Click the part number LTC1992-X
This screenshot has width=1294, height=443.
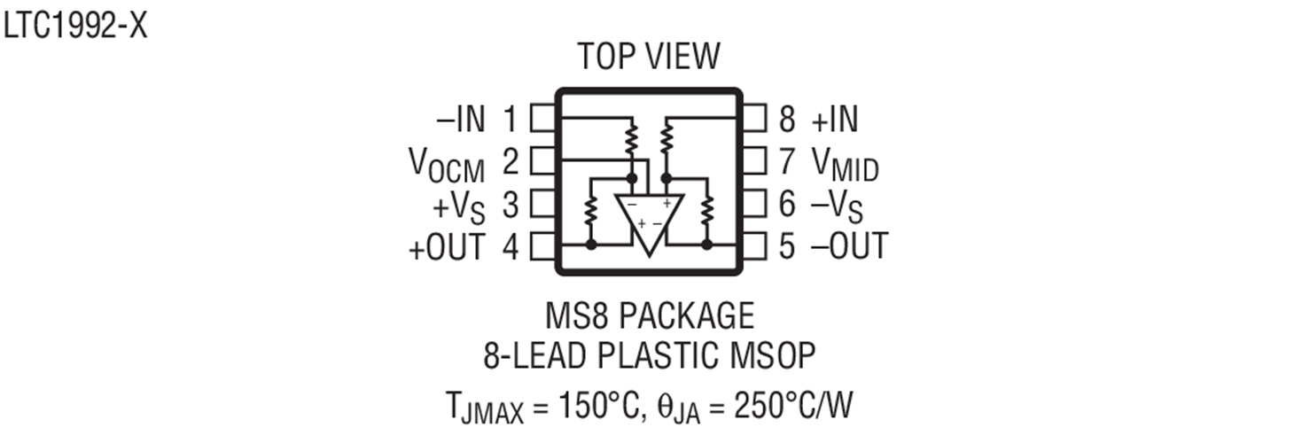click(x=75, y=27)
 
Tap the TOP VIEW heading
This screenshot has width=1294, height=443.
click(x=649, y=57)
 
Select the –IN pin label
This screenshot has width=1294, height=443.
click(x=460, y=120)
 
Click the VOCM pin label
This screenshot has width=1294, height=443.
click(x=447, y=165)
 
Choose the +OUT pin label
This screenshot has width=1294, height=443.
click(x=447, y=248)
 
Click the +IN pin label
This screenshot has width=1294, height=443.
click(x=835, y=120)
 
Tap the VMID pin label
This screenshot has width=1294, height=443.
click(x=846, y=165)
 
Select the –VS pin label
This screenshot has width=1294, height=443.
click(x=837, y=206)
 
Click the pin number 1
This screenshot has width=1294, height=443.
click(x=511, y=120)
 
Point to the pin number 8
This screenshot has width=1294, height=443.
click(x=787, y=120)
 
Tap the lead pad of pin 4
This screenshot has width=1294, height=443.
click(x=543, y=246)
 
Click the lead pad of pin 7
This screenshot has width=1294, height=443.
click(x=754, y=161)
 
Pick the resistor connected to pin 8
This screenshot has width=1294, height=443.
click(x=666, y=138)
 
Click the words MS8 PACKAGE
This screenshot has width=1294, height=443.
click(x=650, y=316)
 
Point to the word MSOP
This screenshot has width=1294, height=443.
click(x=772, y=355)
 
